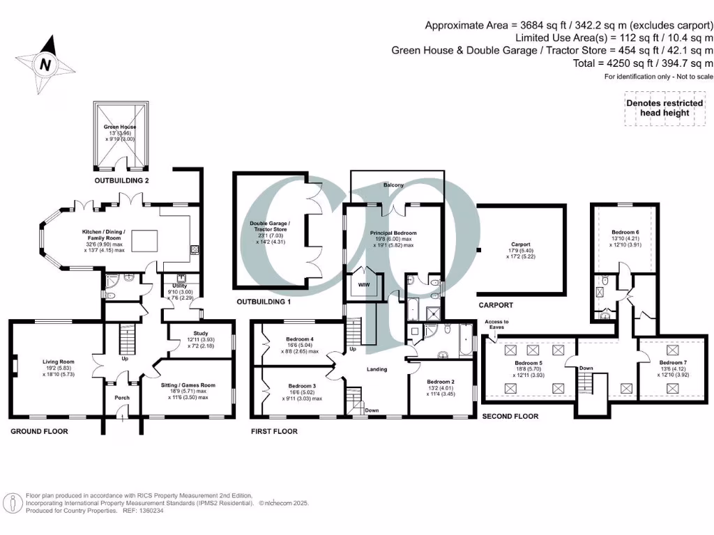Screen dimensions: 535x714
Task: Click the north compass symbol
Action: coord(45,65)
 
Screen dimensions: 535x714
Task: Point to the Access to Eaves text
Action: coord(496,324)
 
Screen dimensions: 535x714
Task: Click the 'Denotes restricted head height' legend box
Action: coord(663,108)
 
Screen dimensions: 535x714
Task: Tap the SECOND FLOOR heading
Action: coord(510,416)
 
